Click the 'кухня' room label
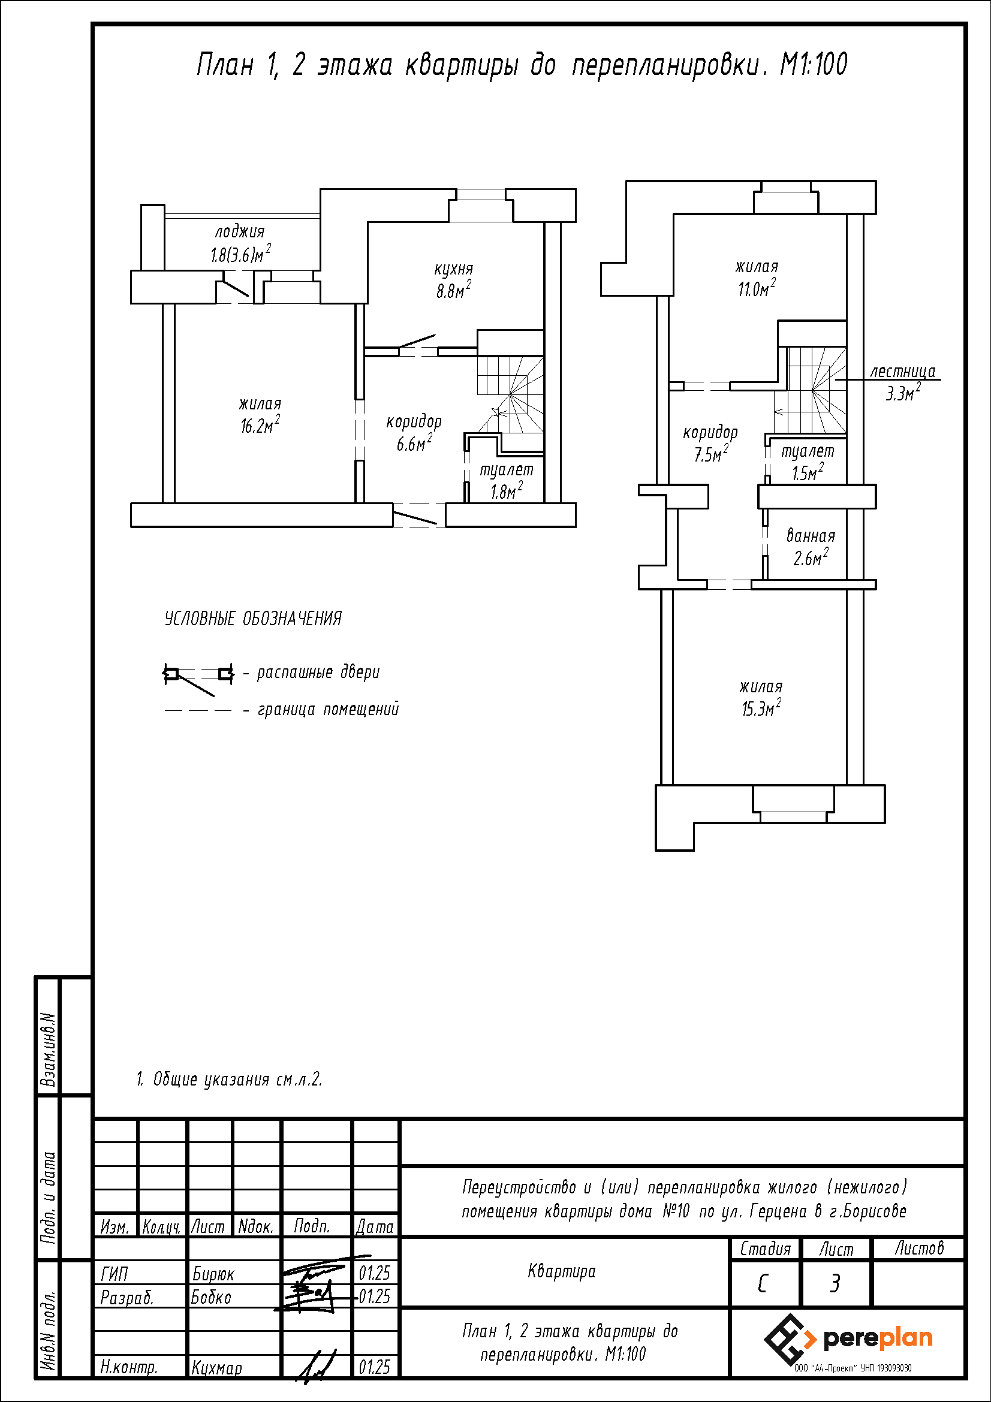coord(454,269)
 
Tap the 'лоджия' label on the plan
coord(240,231)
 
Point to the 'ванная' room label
coord(811,535)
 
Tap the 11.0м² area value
coord(757,288)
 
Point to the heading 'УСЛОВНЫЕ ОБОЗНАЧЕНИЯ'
coord(254,619)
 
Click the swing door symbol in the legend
coord(198,678)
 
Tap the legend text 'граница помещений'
coord(329,709)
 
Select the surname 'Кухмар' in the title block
coord(217,1368)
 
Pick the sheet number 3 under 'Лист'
coord(835,1284)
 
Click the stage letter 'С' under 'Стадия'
coord(762,1284)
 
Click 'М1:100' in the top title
coord(814,65)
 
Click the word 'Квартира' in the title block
coord(562,1272)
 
